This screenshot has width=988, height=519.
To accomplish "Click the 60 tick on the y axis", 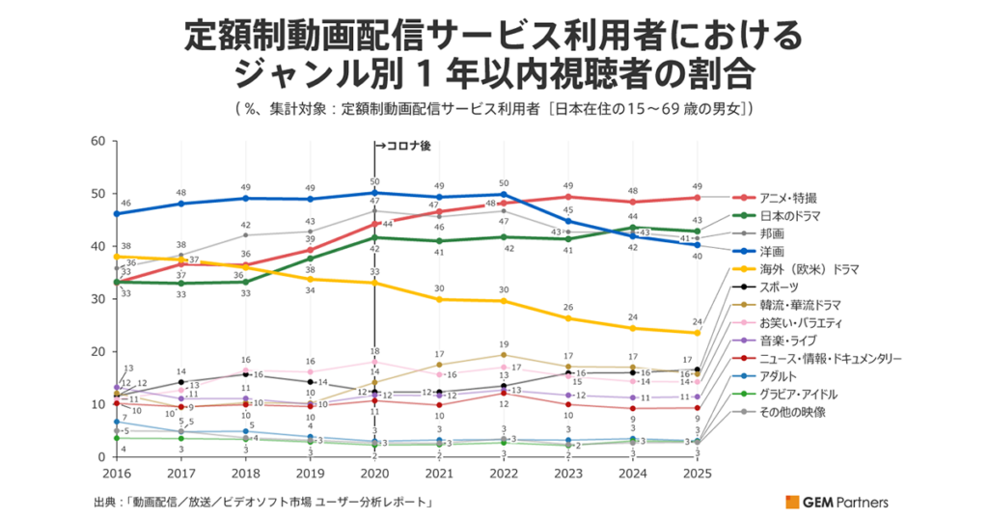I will click(96, 141).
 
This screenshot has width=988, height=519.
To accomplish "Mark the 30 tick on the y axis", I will click(96, 299).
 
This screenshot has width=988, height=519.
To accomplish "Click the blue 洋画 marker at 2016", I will click(116, 214).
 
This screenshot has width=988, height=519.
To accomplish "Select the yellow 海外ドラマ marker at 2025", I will click(698, 333).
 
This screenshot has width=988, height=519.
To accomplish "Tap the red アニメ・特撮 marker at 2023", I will click(568, 197).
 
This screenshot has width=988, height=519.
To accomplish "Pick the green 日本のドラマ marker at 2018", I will click(245, 282).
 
